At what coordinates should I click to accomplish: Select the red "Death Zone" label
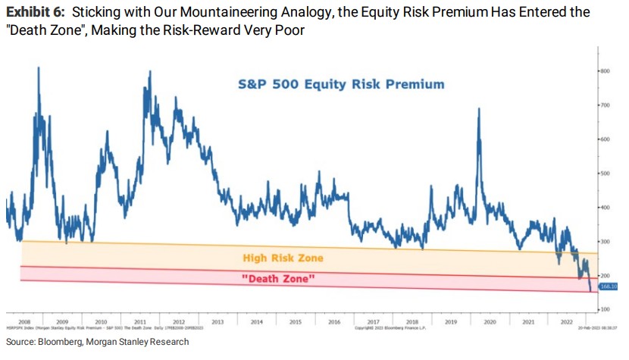tap(278, 280)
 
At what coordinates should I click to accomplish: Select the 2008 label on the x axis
tap(23, 321)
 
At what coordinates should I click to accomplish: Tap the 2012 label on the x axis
tap(179, 321)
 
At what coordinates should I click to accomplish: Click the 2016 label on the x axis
tap(333, 321)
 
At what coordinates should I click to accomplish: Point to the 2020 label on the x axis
tap(489, 321)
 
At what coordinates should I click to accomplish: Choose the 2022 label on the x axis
tap(566, 321)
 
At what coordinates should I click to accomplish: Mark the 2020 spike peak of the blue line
tap(479, 109)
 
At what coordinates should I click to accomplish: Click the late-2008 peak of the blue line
tap(39, 68)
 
